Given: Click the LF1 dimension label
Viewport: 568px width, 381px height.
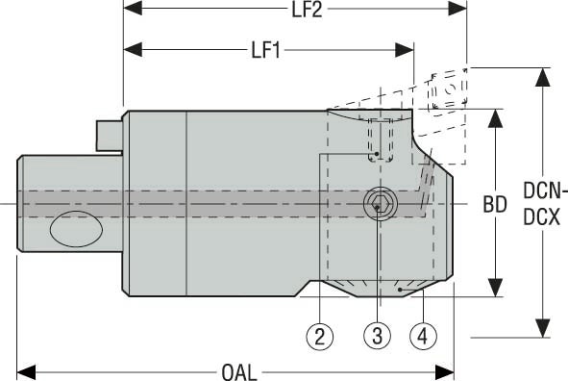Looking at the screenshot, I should pyautogui.click(x=264, y=48).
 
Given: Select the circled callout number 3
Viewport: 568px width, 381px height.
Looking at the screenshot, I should pyautogui.click(x=378, y=336).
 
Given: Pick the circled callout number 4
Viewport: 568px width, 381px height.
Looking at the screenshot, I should pyautogui.click(x=422, y=336).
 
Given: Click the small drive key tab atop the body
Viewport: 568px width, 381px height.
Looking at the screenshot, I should pyautogui.click(x=109, y=134).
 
